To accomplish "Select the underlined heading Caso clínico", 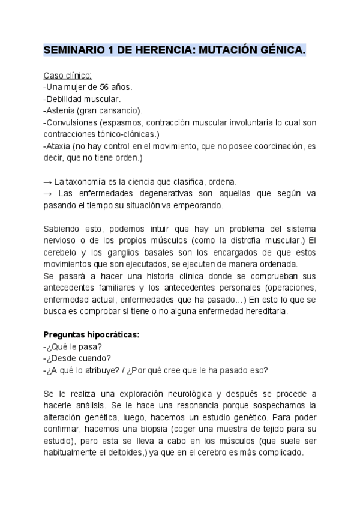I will (68, 76).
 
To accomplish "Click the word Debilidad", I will (65, 99).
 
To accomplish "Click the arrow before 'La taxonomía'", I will (48, 181).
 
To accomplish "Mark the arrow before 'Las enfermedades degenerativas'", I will (48, 193).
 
